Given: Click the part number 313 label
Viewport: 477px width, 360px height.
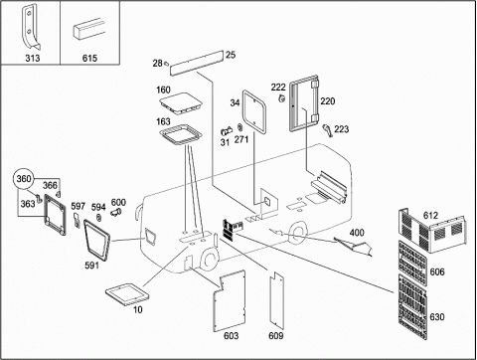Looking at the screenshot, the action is click(x=33, y=59).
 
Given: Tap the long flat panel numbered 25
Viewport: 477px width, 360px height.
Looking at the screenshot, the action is click(x=197, y=63).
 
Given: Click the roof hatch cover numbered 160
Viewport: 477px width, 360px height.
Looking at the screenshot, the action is click(x=181, y=103).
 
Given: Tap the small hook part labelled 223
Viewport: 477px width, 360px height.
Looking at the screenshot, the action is click(x=327, y=130).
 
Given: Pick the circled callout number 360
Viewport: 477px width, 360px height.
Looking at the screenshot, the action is click(x=24, y=179).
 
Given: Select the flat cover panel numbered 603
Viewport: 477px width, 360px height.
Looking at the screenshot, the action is click(x=230, y=301).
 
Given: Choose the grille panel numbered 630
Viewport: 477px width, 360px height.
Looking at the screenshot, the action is click(x=412, y=306).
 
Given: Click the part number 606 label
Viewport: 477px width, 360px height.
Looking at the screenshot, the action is click(x=437, y=272).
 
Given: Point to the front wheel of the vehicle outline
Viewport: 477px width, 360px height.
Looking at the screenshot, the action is click(x=209, y=260).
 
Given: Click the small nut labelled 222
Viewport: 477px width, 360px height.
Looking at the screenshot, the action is click(x=282, y=98).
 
